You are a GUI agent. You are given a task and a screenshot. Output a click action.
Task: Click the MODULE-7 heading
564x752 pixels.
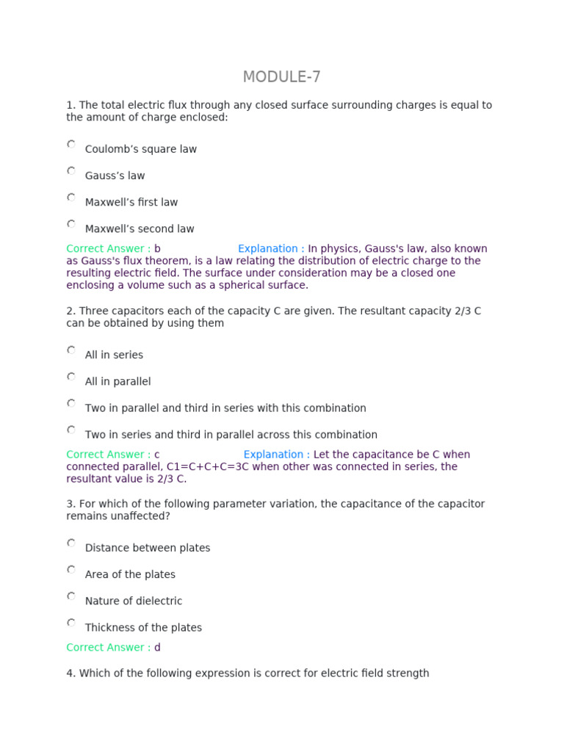281,77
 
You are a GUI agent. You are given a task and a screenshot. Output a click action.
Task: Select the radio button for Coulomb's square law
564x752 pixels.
71,145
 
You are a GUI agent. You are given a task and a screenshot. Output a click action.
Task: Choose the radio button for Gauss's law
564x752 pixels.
71,171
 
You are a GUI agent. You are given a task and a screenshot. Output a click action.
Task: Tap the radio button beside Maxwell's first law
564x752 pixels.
71,198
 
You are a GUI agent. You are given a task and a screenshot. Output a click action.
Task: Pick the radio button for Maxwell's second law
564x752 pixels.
71,224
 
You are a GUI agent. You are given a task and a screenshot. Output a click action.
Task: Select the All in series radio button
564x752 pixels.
71,350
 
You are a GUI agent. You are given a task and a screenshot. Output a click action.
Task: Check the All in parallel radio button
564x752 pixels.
71,377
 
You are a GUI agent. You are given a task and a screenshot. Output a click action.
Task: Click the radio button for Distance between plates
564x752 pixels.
71,543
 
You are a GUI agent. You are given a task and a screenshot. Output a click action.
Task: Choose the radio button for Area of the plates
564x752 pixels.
71,570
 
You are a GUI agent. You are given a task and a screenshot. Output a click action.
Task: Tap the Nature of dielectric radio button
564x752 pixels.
71,596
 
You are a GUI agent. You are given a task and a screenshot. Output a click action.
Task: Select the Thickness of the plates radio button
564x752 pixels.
71,623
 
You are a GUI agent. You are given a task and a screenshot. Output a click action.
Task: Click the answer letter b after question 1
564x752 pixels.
157,249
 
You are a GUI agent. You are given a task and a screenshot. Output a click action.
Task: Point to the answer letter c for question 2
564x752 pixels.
156,455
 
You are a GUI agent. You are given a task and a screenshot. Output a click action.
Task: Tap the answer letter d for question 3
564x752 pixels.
157,647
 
